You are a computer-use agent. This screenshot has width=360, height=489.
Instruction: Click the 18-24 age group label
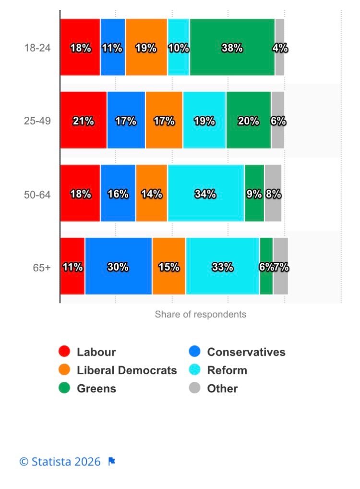[37, 48]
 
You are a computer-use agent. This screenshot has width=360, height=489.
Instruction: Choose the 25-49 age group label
[37, 121]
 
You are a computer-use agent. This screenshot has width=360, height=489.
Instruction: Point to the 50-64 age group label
[37, 195]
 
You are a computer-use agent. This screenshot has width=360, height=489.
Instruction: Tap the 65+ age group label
[41, 268]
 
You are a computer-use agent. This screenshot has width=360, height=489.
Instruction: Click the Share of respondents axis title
[200, 314]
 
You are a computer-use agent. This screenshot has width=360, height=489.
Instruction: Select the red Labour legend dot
[64, 352]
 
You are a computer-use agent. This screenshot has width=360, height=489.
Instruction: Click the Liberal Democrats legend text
[127, 370]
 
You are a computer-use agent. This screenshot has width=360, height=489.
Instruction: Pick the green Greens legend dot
[64, 388]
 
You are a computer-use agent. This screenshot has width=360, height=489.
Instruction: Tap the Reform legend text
[227, 370]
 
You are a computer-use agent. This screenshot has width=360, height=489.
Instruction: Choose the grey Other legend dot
[194, 388]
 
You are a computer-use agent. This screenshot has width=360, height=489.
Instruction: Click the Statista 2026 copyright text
[60, 462]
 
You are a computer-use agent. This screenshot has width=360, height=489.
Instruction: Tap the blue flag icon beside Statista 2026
[111, 462]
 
